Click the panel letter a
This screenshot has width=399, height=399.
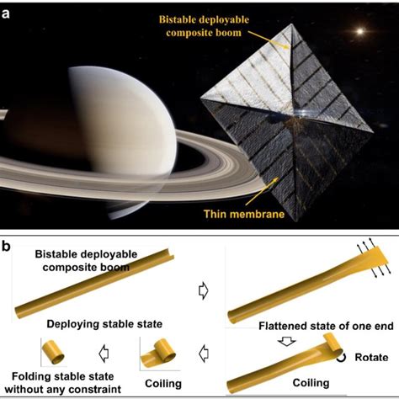coord(6,13)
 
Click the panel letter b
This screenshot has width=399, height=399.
coord(6,246)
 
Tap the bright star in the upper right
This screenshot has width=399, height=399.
coord(360,31)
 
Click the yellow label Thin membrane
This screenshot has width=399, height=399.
coord(244,214)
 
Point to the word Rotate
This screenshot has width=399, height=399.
coord(371,357)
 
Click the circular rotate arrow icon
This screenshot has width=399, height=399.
coord(341,358)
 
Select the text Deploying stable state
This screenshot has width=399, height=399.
coord(104,324)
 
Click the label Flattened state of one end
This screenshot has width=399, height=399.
coord(326,326)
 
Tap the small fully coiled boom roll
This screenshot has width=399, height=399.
coord(53,352)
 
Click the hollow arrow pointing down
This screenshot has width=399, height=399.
coord(286,342)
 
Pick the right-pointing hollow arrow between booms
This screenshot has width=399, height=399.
coord(203,291)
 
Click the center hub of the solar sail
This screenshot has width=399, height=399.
coord(295,117)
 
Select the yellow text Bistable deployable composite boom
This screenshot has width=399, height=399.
coord(204,26)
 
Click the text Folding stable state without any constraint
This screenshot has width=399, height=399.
coord(63,383)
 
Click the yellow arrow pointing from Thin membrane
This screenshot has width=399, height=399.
coord(262,191)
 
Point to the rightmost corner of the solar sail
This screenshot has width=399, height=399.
coord(372,131)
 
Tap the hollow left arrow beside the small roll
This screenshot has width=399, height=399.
coord(104,354)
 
